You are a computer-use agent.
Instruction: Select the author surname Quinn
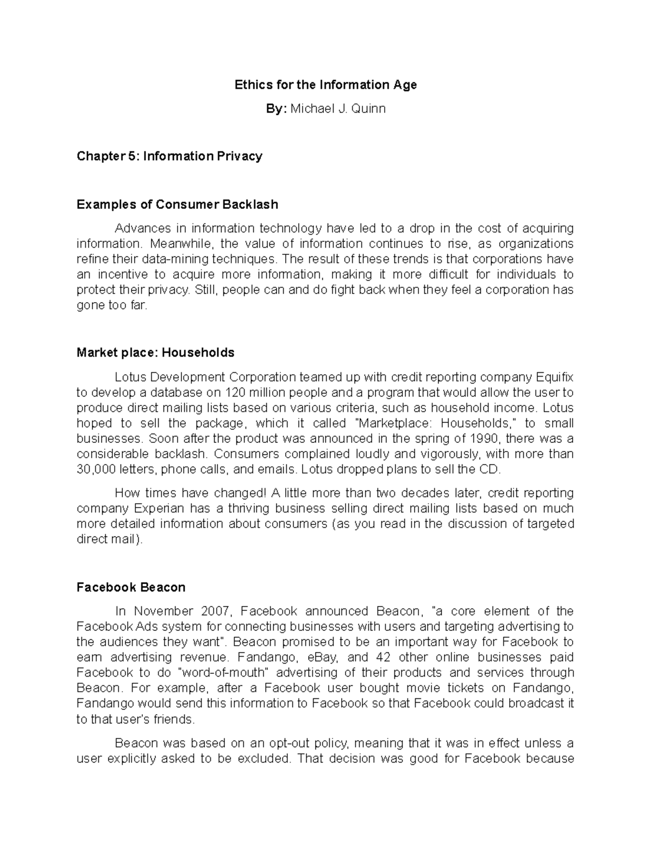tap(368, 109)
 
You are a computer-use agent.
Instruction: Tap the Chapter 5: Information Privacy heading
tap(170, 157)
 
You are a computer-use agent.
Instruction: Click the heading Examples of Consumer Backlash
tap(177, 204)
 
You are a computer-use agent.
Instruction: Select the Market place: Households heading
tap(155, 353)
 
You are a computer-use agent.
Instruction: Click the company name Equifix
tap(554, 377)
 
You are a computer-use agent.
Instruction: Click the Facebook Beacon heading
tap(131, 587)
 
